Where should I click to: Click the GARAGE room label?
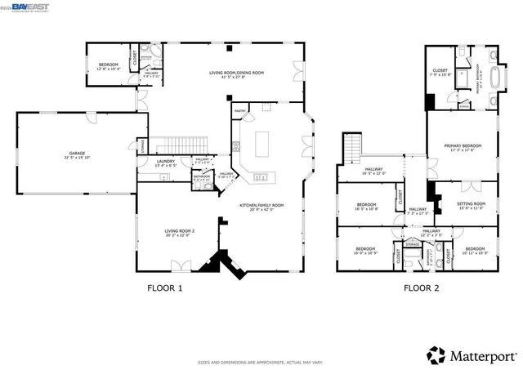click(x=77, y=154)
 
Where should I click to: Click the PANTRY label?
click(x=240, y=110)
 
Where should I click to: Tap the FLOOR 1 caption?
click(x=164, y=288)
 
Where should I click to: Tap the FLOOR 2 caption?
click(x=421, y=288)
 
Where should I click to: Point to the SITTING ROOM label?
click(x=472, y=204)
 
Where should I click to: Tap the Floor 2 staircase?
click(x=351, y=150)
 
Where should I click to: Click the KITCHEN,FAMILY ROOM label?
click(x=261, y=207)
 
